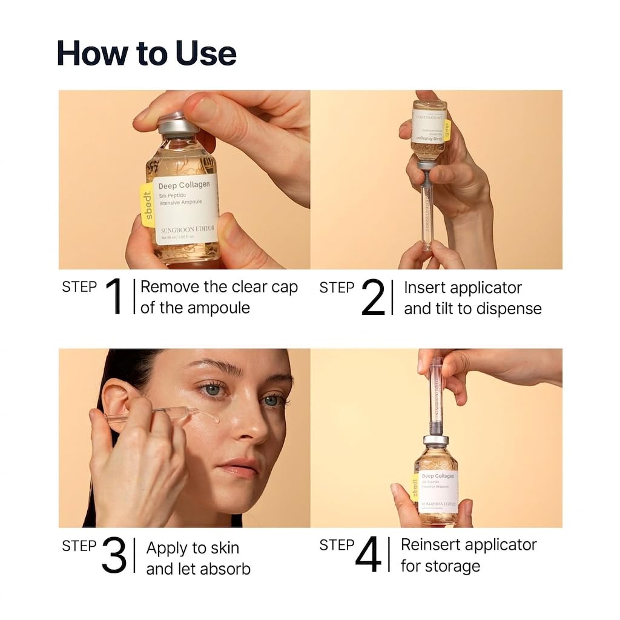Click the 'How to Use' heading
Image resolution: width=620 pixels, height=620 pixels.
147,53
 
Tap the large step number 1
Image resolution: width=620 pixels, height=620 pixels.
115,297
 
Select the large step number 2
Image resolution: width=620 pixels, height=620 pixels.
373,297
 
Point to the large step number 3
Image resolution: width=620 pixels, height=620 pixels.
114,555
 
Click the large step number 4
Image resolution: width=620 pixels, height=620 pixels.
368,555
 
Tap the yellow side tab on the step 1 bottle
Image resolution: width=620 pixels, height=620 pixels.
147,205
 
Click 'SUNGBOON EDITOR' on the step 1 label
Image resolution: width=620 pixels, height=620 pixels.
187,230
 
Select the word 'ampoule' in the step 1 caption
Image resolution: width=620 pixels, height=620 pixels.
216,308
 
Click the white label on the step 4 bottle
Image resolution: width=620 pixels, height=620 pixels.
438,490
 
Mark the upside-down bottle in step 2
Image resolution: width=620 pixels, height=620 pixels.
429,130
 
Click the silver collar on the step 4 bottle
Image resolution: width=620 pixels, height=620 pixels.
435,440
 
